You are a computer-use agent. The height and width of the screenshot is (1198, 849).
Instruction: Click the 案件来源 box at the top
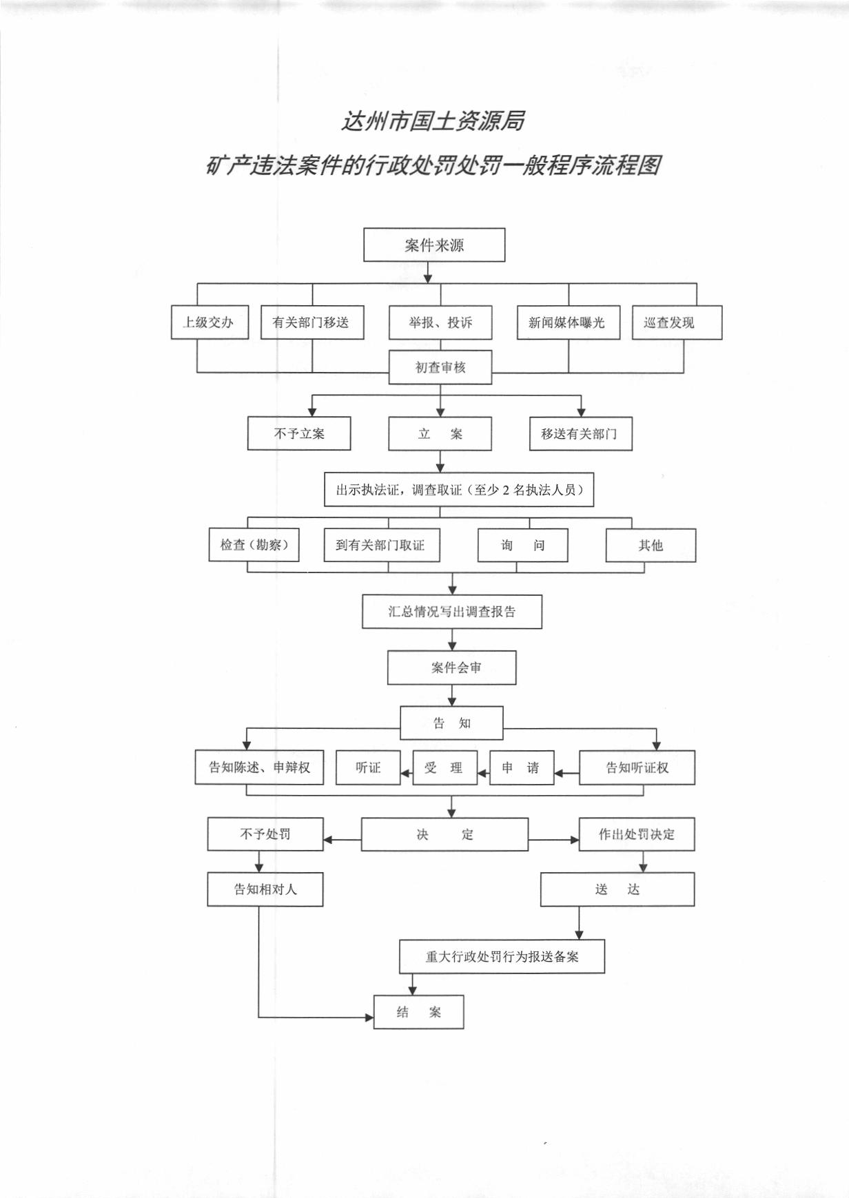click(x=434, y=245)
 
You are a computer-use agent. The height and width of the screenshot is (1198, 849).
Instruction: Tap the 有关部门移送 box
click(x=312, y=322)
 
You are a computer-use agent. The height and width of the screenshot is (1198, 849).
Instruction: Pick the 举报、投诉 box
click(x=440, y=322)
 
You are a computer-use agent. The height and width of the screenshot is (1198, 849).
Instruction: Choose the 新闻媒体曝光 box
click(x=569, y=322)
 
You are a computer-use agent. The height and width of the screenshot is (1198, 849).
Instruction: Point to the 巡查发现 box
click(x=677, y=322)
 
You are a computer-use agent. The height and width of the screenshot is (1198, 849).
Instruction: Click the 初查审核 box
click(x=440, y=367)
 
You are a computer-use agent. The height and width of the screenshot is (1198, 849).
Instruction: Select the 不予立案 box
click(x=299, y=434)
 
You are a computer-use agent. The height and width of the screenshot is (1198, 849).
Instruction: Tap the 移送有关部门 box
click(x=581, y=434)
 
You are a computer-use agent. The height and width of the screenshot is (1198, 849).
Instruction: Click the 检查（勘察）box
click(x=254, y=545)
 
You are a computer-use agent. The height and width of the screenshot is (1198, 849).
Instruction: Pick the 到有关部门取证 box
click(x=382, y=545)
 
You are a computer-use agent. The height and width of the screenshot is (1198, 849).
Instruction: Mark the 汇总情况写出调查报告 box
click(x=452, y=612)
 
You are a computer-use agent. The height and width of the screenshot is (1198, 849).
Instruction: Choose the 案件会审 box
click(x=451, y=668)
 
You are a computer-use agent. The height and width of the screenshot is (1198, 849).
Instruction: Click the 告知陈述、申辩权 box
click(x=260, y=767)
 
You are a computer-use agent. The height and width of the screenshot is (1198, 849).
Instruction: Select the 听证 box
click(x=368, y=767)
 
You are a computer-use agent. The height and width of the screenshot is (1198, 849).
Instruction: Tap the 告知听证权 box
click(x=637, y=767)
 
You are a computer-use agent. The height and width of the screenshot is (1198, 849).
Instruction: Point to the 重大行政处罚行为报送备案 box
click(x=502, y=956)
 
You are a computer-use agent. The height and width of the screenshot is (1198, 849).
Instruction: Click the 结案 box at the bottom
click(x=418, y=1012)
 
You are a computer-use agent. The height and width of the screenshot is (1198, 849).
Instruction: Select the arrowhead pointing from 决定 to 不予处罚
click(x=328, y=840)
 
